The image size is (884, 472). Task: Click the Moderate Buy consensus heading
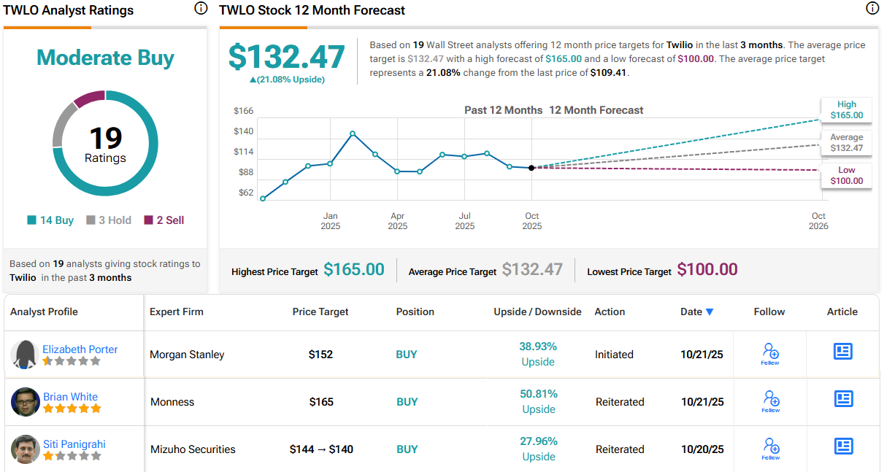coord(105,58)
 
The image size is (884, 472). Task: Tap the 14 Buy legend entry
coord(50,220)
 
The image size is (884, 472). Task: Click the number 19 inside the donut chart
coord(105,137)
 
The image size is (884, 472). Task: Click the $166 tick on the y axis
coord(243,111)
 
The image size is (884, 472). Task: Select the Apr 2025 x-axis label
coord(397,221)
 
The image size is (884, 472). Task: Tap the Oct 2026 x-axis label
coord(818,221)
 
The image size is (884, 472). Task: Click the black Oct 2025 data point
coord(531,168)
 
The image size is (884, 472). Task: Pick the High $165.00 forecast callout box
coord(846,109)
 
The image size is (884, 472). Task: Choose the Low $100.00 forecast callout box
coord(846,175)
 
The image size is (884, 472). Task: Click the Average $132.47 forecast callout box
coord(846,142)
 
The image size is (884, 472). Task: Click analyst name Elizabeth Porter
coord(80,349)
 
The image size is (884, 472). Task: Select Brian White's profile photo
coord(26,402)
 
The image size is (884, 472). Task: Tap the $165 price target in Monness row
coord(321,402)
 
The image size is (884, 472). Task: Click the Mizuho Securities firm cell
coord(193,449)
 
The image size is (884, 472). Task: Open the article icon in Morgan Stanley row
coord(843,352)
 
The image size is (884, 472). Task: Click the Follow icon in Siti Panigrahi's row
coord(771,446)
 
